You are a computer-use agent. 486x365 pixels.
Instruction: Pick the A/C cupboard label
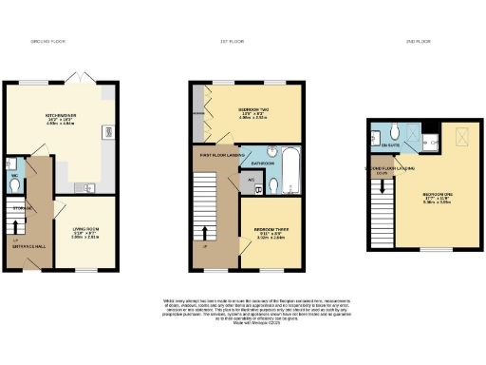pos(251,179)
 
